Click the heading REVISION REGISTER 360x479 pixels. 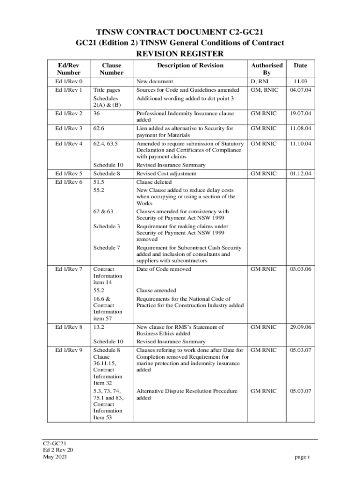point(180,54)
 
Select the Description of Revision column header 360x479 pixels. point(190,65)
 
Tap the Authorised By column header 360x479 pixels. point(267,69)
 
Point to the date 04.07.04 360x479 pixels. point(301,90)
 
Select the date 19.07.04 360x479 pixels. point(301,113)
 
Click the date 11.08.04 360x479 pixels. point(301,128)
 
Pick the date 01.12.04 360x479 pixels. point(301,174)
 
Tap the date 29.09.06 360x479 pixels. point(301,327)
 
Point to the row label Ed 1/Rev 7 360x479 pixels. point(69,269)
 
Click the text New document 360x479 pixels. point(154,81)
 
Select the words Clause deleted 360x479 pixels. point(154,182)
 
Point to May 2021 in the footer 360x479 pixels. point(55,457)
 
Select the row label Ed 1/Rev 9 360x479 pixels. point(69,350)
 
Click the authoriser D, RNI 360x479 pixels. point(260,81)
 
